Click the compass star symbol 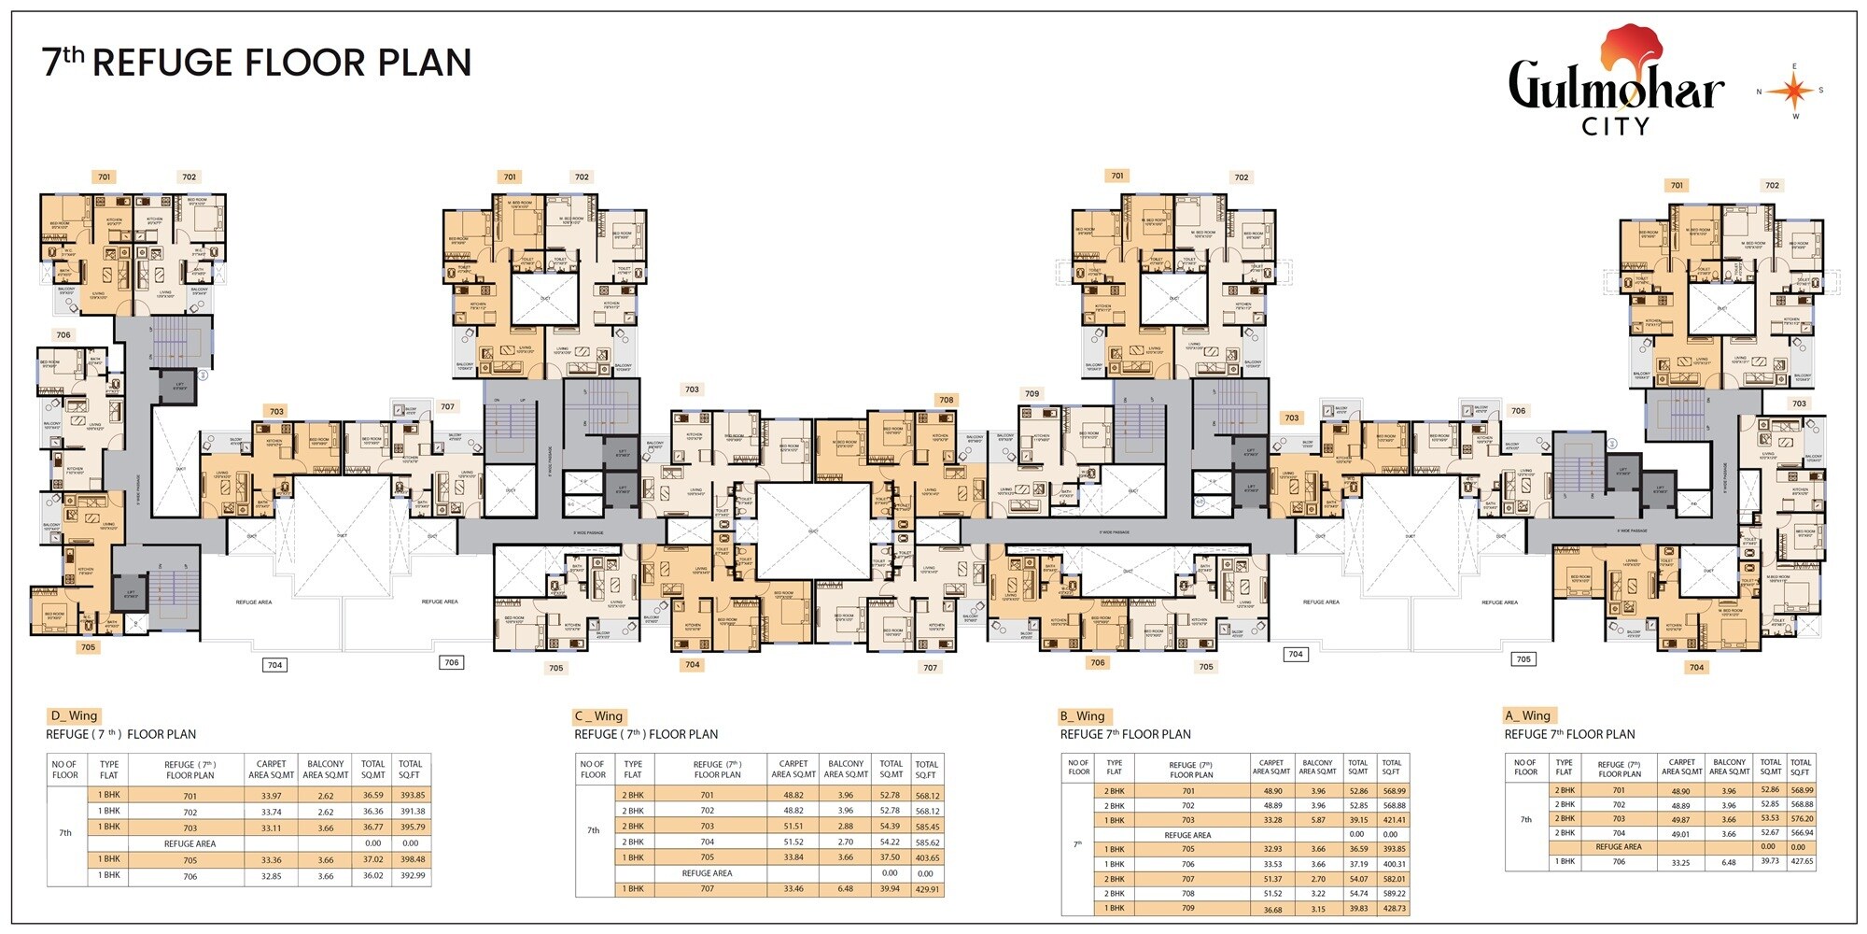coord(1790,91)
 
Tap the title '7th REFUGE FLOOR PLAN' coord(257,63)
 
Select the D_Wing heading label coord(74,715)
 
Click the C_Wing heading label coord(598,715)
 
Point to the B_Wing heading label coord(1082,715)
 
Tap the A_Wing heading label coord(1527,715)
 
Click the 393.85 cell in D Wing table coord(412,796)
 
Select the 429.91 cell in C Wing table coord(927,889)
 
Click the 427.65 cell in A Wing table coord(1801,862)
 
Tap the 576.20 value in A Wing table coord(1801,818)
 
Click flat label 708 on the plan coord(947,400)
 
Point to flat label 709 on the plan coord(1032,393)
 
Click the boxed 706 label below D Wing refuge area coord(452,662)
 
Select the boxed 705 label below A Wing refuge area coord(1523,658)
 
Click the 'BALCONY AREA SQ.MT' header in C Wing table coord(846,769)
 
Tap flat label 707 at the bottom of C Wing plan coord(930,668)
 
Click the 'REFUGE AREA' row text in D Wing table coord(190,843)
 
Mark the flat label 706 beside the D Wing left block coord(63,334)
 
